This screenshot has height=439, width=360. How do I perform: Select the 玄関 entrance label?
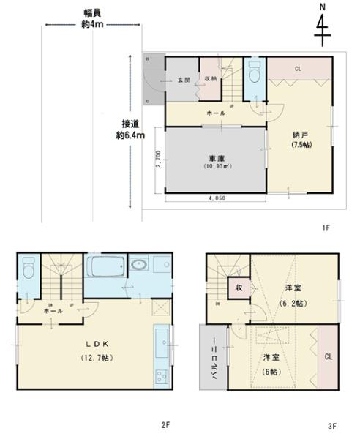(x=184, y=80)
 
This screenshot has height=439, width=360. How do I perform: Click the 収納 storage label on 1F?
(x=210, y=80)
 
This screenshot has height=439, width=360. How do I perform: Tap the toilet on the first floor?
(x=254, y=75)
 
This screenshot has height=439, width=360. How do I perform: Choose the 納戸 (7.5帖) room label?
(x=300, y=139)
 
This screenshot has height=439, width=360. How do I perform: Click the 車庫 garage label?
(x=215, y=162)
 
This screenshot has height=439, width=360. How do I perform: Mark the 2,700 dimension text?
(x=158, y=160)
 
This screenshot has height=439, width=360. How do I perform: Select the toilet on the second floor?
(x=27, y=269)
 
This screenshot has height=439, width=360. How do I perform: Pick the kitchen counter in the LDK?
(x=161, y=356)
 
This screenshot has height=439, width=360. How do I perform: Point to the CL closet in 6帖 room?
(x=328, y=357)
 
